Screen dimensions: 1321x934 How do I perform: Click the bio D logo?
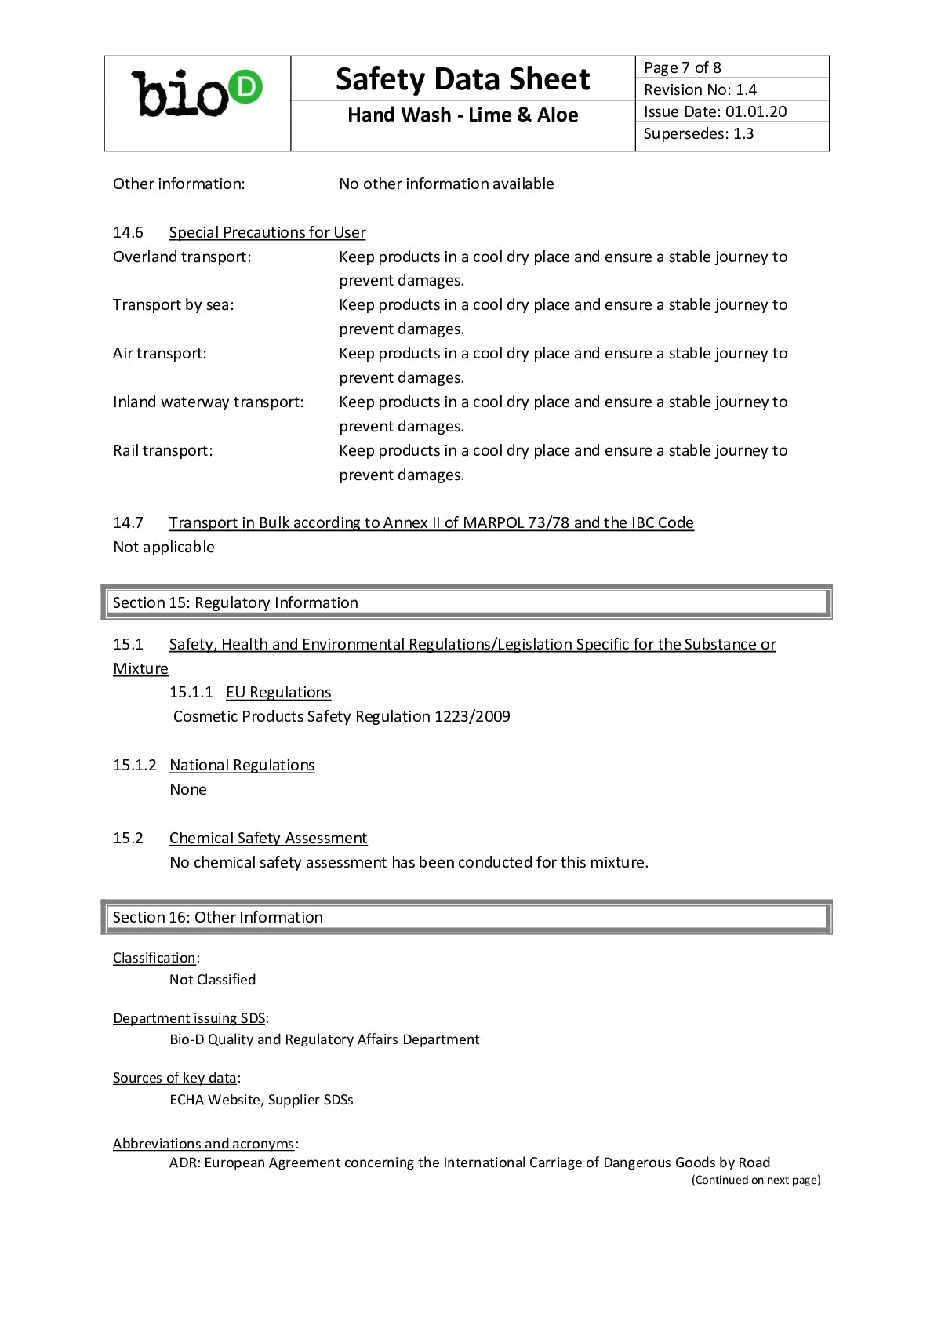tap(197, 94)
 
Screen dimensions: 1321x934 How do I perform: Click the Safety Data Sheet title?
tap(462, 79)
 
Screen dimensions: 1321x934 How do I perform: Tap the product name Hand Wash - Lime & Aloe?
tap(462, 115)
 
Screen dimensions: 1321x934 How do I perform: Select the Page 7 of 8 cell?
tap(731, 67)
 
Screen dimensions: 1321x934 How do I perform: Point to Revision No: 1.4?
tap(731, 89)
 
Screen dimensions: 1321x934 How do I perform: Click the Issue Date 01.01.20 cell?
tap(731, 111)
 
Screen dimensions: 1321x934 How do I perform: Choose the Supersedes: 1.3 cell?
tap(731, 134)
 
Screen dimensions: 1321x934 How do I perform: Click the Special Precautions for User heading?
tap(267, 232)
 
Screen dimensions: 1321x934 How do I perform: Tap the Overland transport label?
tap(182, 257)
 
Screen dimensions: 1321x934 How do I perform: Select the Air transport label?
tap(160, 353)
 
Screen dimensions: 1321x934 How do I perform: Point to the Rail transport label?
tap(163, 450)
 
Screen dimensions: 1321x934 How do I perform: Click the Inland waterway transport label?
tap(209, 402)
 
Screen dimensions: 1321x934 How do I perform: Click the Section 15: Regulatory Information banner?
tap(467, 602)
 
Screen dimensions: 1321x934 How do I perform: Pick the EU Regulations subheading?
tap(278, 692)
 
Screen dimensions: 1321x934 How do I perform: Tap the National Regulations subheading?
tap(242, 765)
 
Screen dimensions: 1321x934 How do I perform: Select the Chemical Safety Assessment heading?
tap(268, 838)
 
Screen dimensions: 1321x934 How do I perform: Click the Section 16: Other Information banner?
tap(467, 917)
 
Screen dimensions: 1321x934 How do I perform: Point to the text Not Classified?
tap(213, 980)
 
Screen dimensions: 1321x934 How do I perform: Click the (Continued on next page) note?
tap(756, 1180)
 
